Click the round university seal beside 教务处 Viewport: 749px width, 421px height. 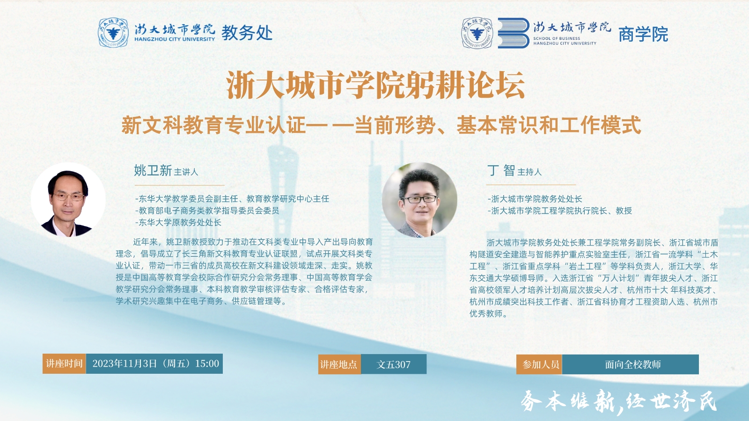pyautogui.click(x=113, y=33)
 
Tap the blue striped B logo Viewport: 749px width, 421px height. pyautogui.click(x=513, y=33)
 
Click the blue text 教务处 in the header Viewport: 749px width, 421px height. pyautogui.click(x=247, y=33)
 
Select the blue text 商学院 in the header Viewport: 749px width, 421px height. pyautogui.click(x=643, y=35)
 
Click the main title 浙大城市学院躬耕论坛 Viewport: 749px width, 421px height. pyautogui.click(x=375, y=85)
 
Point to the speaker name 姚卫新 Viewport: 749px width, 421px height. pyautogui.click(x=153, y=170)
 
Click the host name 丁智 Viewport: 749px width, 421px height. pyautogui.click(x=501, y=170)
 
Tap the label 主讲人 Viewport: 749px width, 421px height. pyautogui.click(x=186, y=172)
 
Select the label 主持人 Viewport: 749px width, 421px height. pyautogui.click(x=529, y=172)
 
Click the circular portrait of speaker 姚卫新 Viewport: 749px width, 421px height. pyautogui.click(x=68, y=200)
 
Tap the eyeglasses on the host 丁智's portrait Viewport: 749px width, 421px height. pyautogui.click(x=419, y=199)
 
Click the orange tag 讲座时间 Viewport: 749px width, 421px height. pyautogui.click(x=64, y=363)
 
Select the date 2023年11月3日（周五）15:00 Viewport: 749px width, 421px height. pyautogui.click(x=155, y=363)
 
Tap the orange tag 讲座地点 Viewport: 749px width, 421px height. pyautogui.click(x=339, y=364)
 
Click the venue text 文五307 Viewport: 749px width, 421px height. pyautogui.click(x=394, y=364)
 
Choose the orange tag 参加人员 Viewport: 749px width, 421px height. pyautogui.click(x=539, y=364)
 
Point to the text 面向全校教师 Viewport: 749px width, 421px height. pyautogui.click(x=632, y=364)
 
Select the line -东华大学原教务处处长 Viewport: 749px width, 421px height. pyautogui.click(x=178, y=223)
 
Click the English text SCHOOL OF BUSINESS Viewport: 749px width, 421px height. pyautogui.click(x=557, y=38)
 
